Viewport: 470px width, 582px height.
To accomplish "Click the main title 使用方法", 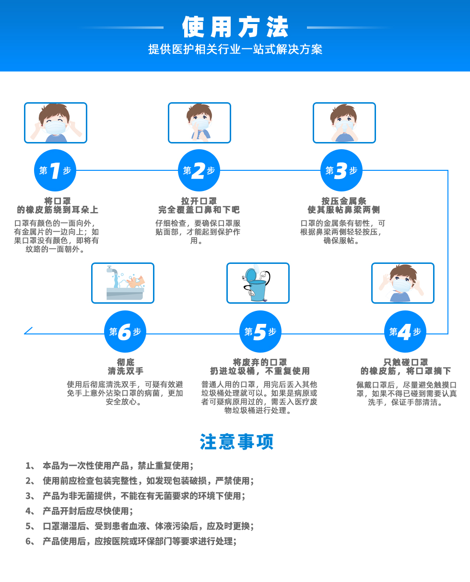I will pyautogui.click(x=235, y=27).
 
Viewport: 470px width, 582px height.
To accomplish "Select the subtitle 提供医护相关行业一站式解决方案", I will pyautogui.click(x=235, y=49).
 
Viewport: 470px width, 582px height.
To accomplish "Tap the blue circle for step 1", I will pyautogui.click(x=55, y=170).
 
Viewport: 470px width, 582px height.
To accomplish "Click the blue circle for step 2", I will pyautogui.click(x=199, y=170).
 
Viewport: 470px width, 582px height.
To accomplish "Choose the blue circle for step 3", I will pyautogui.click(x=341, y=170).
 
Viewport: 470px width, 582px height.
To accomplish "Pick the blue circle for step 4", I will pyautogui.click(x=405, y=332).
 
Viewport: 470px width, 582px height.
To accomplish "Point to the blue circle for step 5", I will pyautogui.click(x=260, y=332).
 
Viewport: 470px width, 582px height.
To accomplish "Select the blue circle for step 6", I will pyautogui.click(x=125, y=332).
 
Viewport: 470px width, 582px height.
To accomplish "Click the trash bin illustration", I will pyautogui.click(x=258, y=283).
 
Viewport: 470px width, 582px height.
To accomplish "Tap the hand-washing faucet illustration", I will pyautogui.click(x=123, y=283).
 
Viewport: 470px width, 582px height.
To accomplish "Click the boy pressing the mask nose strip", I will pyautogui.click(x=344, y=123).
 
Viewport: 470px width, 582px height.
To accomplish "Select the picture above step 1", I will pyautogui.click(x=56, y=123).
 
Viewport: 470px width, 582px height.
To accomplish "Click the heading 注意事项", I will pyautogui.click(x=236, y=442).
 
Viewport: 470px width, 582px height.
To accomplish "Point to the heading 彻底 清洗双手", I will pyautogui.click(x=125, y=367).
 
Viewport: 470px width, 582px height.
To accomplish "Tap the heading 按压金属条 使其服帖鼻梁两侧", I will pyautogui.click(x=343, y=205).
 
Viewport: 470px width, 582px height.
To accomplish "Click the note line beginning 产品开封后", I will pyautogui.click(x=88, y=511).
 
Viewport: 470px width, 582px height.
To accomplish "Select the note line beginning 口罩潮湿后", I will pyautogui.click(x=148, y=526).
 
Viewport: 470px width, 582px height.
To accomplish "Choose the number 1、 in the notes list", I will pyautogui.click(x=30, y=465).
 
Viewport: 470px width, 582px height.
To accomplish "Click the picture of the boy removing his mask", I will pyautogui.click(x=403, y=283).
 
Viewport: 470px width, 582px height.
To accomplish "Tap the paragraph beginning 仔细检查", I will pyautogui.click(x=198, y=232).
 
